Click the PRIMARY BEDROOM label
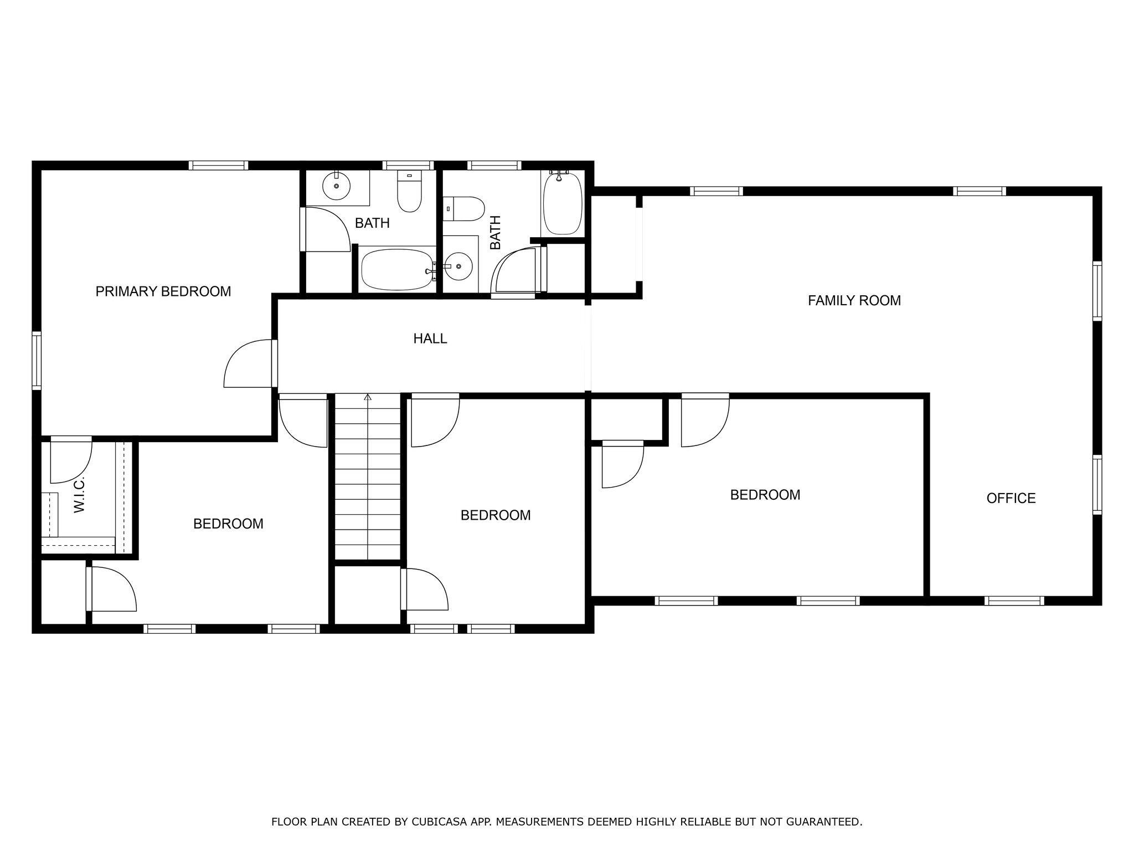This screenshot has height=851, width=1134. coord(163,291)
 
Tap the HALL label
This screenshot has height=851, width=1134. coord(430,339)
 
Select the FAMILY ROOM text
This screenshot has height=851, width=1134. coord(854,301)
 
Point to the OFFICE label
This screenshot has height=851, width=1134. coord(1011,498)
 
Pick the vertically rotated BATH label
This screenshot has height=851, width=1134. coord(495,232)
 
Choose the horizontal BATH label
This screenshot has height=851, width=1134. coord(372,223)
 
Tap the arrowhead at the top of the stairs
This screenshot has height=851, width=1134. coord(367,397)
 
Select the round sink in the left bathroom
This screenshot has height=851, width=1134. coord(336,186)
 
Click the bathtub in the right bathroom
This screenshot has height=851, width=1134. coord(563,203)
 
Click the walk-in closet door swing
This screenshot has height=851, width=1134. coord(71,459)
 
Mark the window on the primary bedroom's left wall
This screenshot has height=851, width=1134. coord(37,360)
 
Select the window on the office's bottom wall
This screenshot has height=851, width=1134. coord(1014,601)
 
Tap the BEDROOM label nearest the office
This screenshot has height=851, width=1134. coord(765,495)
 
